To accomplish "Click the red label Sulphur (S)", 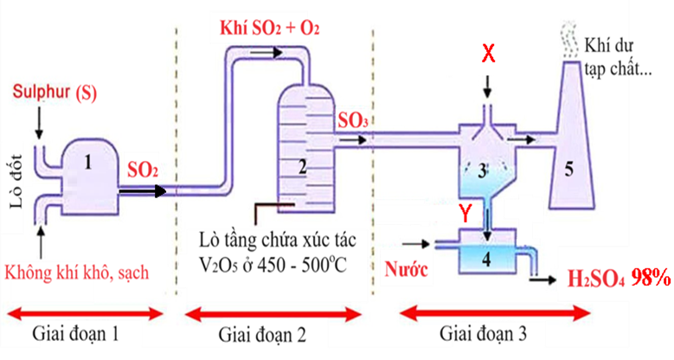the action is [55, 93].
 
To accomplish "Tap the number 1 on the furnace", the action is [88, 163].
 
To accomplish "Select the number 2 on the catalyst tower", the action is [303, 167].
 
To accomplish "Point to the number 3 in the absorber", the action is [482, 171].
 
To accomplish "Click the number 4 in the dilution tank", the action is [486, 260].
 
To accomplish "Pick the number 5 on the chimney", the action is [568, 170].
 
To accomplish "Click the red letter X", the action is [488, 54].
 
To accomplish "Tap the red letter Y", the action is [465, 214].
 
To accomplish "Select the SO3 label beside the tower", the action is [352, 121].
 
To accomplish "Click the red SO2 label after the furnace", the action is [143, 170].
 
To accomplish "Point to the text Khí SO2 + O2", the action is [270, 28].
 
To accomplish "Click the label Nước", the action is [406, 269].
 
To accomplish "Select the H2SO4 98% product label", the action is [619, 278].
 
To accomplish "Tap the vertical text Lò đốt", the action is [16, 181].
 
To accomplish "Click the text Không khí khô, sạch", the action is [77, 273].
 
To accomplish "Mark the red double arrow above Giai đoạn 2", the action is [273, 315].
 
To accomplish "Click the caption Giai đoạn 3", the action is [483, 334].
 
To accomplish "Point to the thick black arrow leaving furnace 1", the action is [143, 191].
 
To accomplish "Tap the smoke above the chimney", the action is [569, 40].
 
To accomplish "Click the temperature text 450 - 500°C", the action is [302, 266].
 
